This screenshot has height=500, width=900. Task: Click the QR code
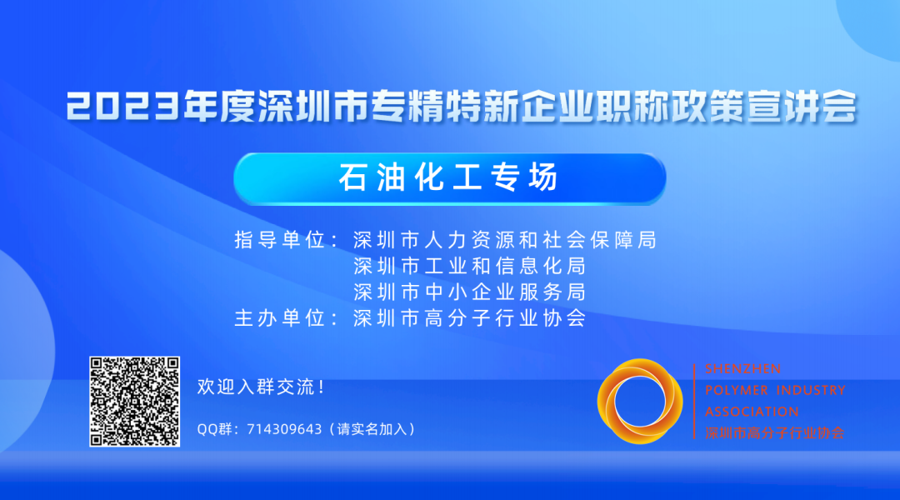tap(134, 401)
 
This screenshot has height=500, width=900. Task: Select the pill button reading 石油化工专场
tap(449, 178)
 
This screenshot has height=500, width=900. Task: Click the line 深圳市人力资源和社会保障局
tap(505, 240)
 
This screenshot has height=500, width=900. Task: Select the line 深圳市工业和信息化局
tap(469, 267)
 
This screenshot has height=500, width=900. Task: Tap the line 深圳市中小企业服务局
tap(469, 292)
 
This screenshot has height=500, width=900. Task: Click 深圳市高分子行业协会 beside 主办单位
tap(469, 318)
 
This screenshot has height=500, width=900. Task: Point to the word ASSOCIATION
tap(751, 412)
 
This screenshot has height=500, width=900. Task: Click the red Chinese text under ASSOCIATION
tap(774, 433)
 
